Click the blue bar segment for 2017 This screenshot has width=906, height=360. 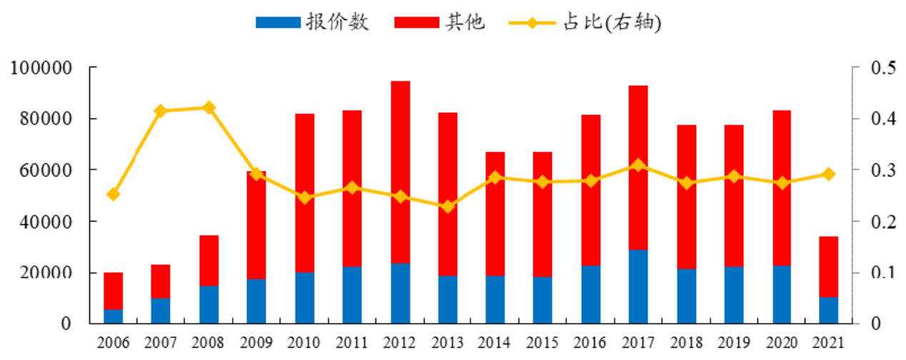pyautogui.click(x=638, y=286)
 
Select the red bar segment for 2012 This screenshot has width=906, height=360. pyautogui.click(x=400, y=172)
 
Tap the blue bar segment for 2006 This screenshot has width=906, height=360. pyautogui.click(x=114, y=316)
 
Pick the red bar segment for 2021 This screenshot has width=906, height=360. pyautogui.click(x=828, y=266)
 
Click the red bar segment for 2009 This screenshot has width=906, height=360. pyautogui.click(x=256, y=225)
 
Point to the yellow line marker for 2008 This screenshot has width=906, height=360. pyautogui.click(x=208, y=108)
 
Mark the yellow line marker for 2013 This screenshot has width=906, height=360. pyautogui.click(x=448, y=206)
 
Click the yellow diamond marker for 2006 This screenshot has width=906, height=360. pyautogui.click(x=114, y=194)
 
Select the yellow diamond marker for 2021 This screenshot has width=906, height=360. pyautogui.click(x=828, y=174)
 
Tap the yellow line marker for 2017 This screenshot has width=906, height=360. pyautogui.click(x=638, y=166)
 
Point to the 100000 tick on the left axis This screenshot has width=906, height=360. pyautogui.click(x=41, y=68)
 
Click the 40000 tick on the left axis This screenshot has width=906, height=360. pyautogui.click(x=46, y=221)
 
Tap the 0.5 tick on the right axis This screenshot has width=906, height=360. pyautogui.click(x=882, y=68)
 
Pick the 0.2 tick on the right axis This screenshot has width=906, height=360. pyautogui.click(x=882, y=221)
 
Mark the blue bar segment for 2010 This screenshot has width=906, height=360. pyautogui.click(x=304, y=298)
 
